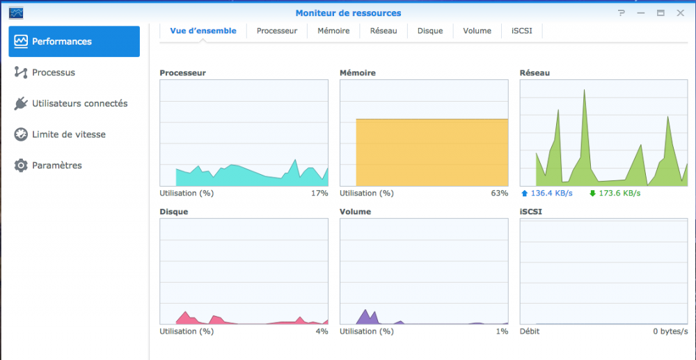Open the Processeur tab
pyautogui.click(x=276, y=31)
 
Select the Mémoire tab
pyautogui.click(x=333, y=31)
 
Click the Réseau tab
pyautogui.click(x=383, y=31)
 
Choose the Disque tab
pyautogui.click(x=430, y=31)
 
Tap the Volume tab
pyautogui.click(x=477, y=31)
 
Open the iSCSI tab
pyautogui.click(x=522, y=31)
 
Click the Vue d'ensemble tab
pyautogui.click(x=203, y=31)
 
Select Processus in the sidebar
pyautogui.click(x=54, y=72)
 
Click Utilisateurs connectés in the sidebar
pyautogui.click(x=79, y=104)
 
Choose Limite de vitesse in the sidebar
pyautogui.click(x=69, y=134)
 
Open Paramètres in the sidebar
pyautogui.click(x=57, y=166)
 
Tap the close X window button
pyautogui.click(x=681, y=13)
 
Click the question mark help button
pyautogui.click(x=622, y=13)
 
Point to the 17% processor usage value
pyautogui.click(x=319, y=193)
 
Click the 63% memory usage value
pyautogui.click(x=500, y=193)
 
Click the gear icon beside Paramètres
pyautogui.click(x=21, y=166)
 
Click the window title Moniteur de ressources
pyautogui.click(x=348, y=13)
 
